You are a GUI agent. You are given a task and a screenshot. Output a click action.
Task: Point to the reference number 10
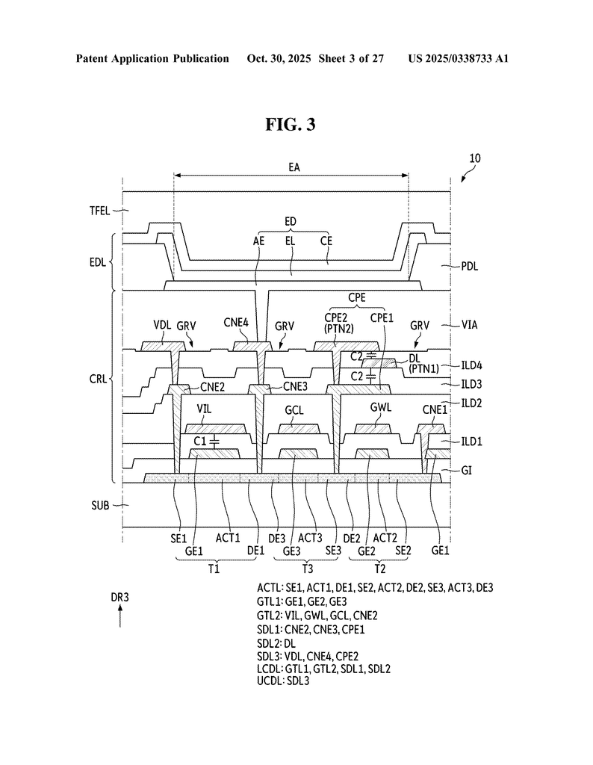coord(475,158)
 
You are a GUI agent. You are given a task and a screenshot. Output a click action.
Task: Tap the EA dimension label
coord(294,168)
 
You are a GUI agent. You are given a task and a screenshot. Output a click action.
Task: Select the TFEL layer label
coord(97,211)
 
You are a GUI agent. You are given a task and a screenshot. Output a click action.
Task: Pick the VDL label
coord(162,326)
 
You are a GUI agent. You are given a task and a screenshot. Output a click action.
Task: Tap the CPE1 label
coord(382,317)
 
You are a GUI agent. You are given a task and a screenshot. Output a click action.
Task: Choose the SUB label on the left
coord(99,505)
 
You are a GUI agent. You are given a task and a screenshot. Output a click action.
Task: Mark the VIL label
coord(206,410)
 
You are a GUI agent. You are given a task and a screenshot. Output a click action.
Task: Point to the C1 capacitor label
coord(199,442)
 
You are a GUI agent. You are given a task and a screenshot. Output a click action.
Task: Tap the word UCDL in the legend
coord(268,682)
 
